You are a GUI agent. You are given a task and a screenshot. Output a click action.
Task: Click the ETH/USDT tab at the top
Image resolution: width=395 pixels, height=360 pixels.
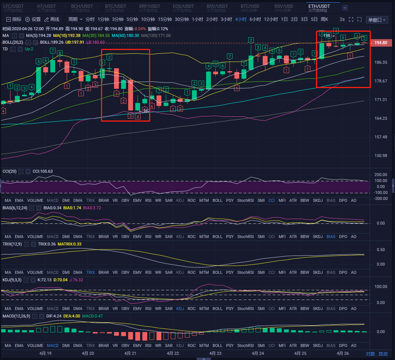[x=319, y=6]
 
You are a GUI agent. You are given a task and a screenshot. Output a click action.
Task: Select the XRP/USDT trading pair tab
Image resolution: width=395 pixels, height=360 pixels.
[x=149, y=6]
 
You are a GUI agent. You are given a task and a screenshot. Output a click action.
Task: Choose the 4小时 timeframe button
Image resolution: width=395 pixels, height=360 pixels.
[x=241, y=19]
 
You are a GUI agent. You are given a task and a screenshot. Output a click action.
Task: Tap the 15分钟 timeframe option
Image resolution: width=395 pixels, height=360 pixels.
[x=164, y=19]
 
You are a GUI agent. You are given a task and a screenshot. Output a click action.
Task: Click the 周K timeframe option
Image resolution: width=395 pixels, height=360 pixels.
[x=324, y=19]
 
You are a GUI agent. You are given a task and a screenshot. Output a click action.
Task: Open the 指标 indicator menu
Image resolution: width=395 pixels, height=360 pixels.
[x=14, y=19]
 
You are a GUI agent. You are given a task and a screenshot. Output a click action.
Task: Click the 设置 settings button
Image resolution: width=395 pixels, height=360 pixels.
[x=34, y=19]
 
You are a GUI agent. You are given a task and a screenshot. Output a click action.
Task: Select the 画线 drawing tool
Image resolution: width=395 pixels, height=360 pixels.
[x=52, y=19]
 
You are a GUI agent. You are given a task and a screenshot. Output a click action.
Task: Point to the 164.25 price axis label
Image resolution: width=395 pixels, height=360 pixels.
[x=381, y=119]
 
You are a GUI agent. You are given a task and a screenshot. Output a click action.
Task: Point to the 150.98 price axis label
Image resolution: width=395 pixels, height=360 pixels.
[x=381, y=156]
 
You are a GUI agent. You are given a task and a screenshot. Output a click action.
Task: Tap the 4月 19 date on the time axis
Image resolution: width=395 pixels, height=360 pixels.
[x=45, y=353]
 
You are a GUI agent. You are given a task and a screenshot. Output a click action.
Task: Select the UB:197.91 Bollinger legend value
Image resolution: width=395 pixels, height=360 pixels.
[x=75, y=42]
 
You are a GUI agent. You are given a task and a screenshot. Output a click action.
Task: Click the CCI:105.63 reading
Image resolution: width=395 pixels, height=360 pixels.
[x=42, y=171]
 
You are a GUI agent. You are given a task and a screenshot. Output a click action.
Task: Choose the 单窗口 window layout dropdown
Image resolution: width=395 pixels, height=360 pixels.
[x=377, y=20]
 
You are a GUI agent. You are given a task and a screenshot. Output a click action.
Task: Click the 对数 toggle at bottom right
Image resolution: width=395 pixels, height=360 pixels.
[x=370, y=354]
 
